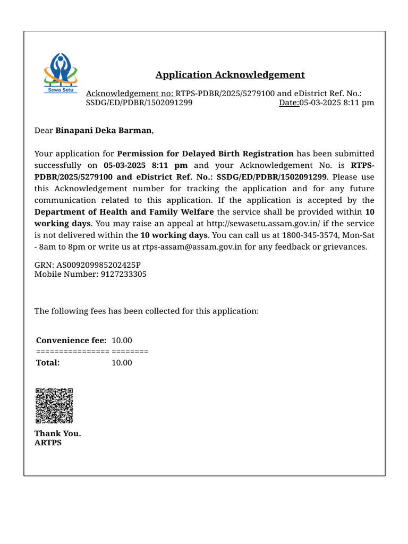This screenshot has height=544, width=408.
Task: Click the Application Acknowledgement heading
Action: (x=230, y=75)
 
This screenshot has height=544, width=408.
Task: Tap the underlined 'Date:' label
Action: (x=289, y=103)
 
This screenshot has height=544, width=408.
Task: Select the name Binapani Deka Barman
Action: (x=104, y=130)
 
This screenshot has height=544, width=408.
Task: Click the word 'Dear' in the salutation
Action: (x=44, y=130)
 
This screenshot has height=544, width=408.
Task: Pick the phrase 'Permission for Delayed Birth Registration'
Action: (x=205, y=154)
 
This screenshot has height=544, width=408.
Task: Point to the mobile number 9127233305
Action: (x=124, y=274)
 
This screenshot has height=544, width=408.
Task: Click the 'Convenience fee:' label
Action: (x=71, y=341)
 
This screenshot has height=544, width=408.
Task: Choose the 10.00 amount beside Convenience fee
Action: (x=122, y=341)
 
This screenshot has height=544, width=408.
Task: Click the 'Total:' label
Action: (x=48, y=363)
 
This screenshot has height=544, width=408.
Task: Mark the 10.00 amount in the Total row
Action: (x=122, y=363)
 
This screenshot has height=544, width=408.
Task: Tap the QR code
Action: (x=54, y=406)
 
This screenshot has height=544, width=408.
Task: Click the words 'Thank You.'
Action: (x=58, y=433)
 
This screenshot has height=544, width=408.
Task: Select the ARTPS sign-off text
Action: (x=48, y=443)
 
